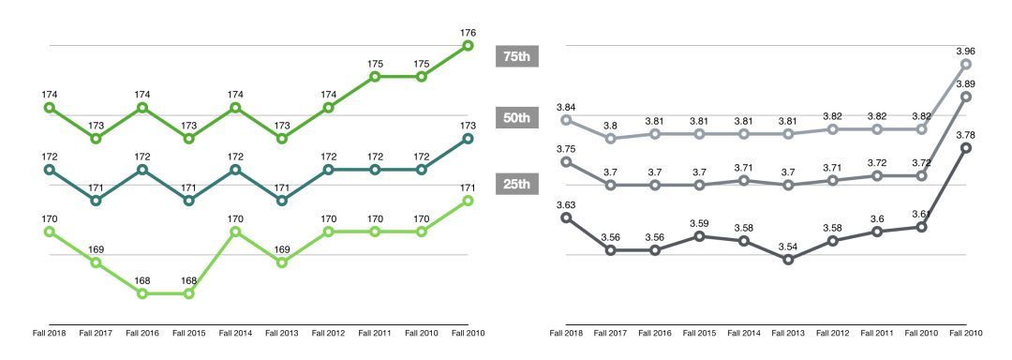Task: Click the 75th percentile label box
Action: pos(516,57)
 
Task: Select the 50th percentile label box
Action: pos(516,118)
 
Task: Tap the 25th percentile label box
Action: pos(516,184)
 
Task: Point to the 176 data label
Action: pos(469,33)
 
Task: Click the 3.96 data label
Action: pos(966,52)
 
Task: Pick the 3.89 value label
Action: pos(966,84)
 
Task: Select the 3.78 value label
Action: pos(966,135)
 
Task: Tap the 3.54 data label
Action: pos(789,246)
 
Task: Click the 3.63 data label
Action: pos(566,204)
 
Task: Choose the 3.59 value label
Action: pos(699,223)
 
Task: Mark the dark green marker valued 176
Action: pos(469,45)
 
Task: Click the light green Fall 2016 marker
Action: pos(142,293)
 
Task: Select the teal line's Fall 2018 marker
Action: pos(50,170)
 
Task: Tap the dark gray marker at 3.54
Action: pos(789,260)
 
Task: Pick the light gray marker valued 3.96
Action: pos(966,64)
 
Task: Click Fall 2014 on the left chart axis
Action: pos(235,333)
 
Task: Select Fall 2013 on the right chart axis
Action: pos(789,333)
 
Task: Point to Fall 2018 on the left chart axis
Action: pos(50,333)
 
